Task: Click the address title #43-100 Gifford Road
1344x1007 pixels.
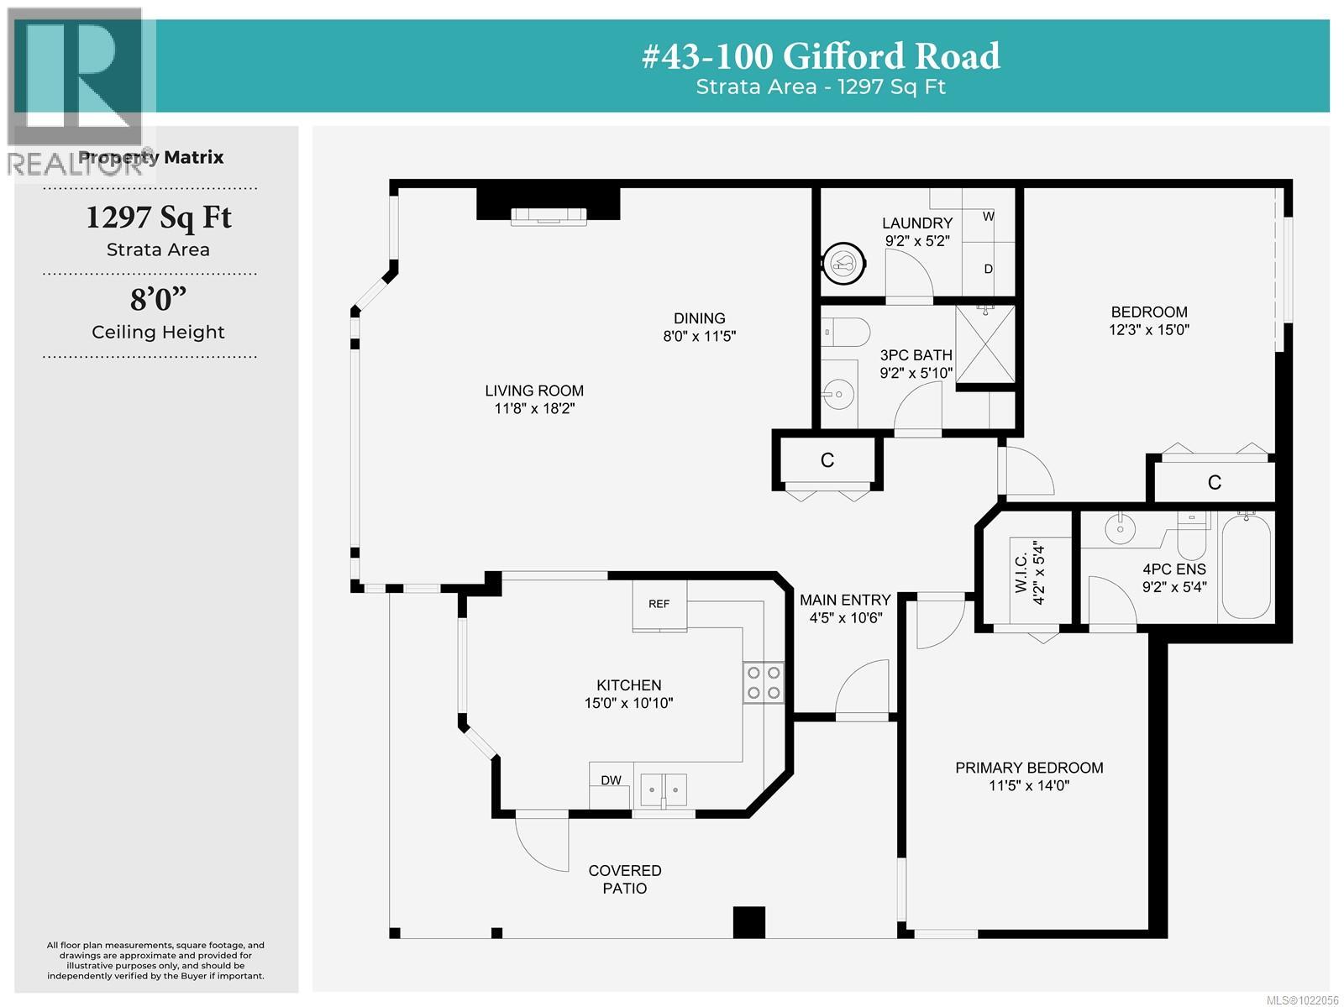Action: click(x=821, y=56)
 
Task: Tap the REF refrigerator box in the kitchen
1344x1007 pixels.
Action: click(x=659, y=604)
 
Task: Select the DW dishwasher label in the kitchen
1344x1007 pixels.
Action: click(x=611, y=780)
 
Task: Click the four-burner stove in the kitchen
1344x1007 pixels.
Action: click(x=763, y=682)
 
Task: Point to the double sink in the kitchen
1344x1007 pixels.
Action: click(x=664, y=789)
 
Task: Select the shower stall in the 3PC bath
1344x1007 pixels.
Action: click(x=985, y=344)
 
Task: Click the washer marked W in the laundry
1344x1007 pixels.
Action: click(x=988, y=216)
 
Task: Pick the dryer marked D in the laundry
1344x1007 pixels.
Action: click(x=988, y=269)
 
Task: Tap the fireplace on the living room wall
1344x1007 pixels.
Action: click(x=549, y=215)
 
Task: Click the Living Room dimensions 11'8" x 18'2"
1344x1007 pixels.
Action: click(x=534, y=409)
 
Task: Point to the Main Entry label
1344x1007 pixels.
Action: click(x=844, y=600)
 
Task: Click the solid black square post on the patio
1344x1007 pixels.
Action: click(x=749, y=921)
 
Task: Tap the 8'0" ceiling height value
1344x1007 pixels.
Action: click(x=158, y=299)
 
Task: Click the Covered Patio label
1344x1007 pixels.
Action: click(x=624, y=879)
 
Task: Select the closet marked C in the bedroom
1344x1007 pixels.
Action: click(x=1214, y=482)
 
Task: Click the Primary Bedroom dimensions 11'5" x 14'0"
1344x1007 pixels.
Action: click(x=1029, y=786)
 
